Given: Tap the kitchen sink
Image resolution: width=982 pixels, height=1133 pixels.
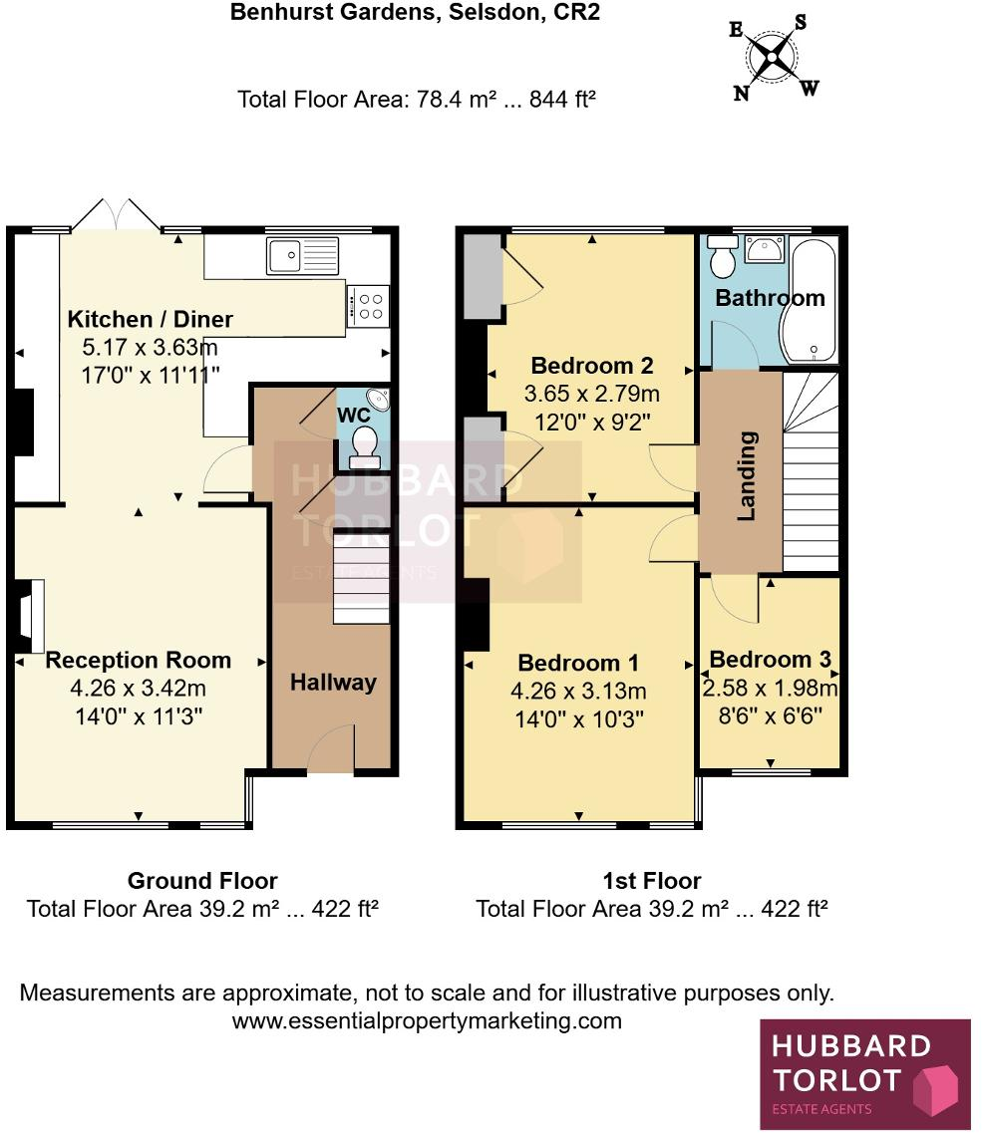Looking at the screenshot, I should [302, 254].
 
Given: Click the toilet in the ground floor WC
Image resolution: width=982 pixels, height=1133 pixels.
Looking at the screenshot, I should [366, 444].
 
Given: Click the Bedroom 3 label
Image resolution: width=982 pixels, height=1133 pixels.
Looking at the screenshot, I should [770, 660].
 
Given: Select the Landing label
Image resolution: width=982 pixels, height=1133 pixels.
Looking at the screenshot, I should [746, 475].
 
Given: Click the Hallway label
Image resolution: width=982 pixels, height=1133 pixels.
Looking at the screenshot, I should [333, 683].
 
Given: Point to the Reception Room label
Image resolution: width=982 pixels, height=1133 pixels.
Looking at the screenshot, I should [139, 660].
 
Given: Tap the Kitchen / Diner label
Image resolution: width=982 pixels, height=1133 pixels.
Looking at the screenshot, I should [151, 320].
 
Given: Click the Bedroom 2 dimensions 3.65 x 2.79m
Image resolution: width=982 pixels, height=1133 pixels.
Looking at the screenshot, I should [592, 394].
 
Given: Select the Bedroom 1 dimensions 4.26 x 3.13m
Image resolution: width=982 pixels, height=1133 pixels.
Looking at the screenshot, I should [579, 692].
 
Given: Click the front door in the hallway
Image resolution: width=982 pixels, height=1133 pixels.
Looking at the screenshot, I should [331, 749].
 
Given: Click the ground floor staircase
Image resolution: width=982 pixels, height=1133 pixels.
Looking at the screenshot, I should [359, 579].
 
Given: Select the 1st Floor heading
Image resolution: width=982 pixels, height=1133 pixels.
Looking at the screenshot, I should [652, 881].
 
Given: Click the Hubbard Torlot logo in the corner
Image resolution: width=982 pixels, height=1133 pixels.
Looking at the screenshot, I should [865, 1073].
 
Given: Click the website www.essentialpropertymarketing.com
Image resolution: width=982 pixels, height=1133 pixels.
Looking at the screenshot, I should [427, 1021].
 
